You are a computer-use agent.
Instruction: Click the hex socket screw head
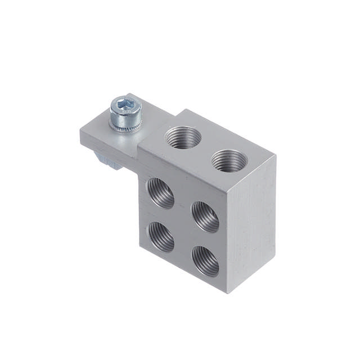point(124,111)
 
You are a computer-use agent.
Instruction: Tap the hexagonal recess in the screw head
point(124,104)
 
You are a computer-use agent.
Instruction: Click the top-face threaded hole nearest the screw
point(183,137)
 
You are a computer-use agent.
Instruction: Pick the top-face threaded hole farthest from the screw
point(229,160)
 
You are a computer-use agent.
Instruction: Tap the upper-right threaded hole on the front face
point(205,217)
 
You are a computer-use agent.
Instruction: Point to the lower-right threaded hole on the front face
point(205,260)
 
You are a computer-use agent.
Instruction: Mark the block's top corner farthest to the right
point(276,156)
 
